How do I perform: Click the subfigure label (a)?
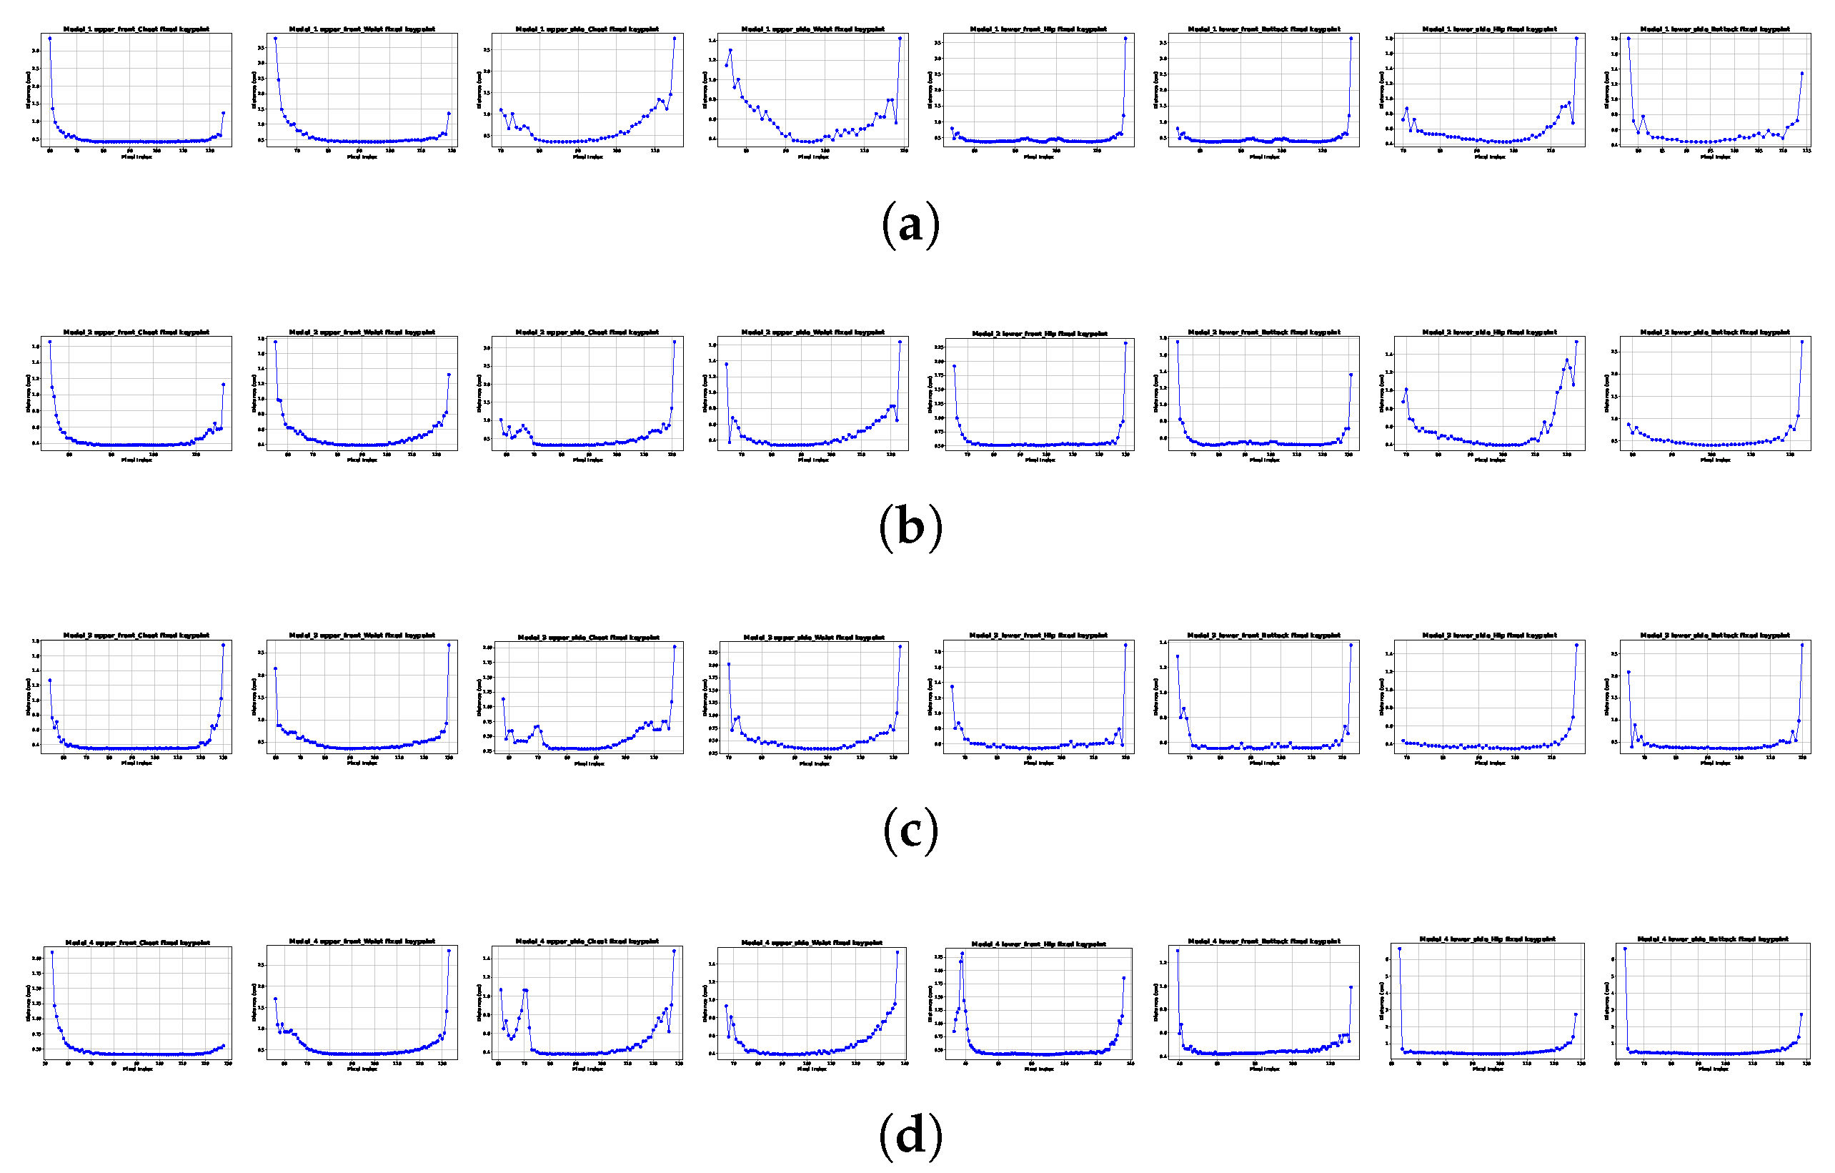point(910,226)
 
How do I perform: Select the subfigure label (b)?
point(910,528)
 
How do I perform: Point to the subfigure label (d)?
point(910,1136)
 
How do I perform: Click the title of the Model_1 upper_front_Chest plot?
point(136,29)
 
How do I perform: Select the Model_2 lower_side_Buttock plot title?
point(1715,332)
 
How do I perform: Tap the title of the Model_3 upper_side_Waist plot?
point(814,637)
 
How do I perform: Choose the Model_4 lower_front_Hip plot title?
point(1039,944)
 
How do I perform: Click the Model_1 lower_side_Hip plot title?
point(1490,29)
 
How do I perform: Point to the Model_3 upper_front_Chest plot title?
point(136,635)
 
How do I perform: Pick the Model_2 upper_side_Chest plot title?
point(587,332)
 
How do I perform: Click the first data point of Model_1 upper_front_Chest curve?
point(49,38)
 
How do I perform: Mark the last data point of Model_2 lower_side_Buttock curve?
point(1802,342)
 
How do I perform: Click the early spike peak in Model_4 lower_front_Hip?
point(963,954)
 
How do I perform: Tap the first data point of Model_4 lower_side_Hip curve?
point(1399,949)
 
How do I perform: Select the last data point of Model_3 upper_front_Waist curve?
point(449,645)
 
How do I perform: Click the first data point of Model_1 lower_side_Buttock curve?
point(1628,38)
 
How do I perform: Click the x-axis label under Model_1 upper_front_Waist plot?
point(362,157)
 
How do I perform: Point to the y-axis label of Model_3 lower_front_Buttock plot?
point(1156,697)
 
